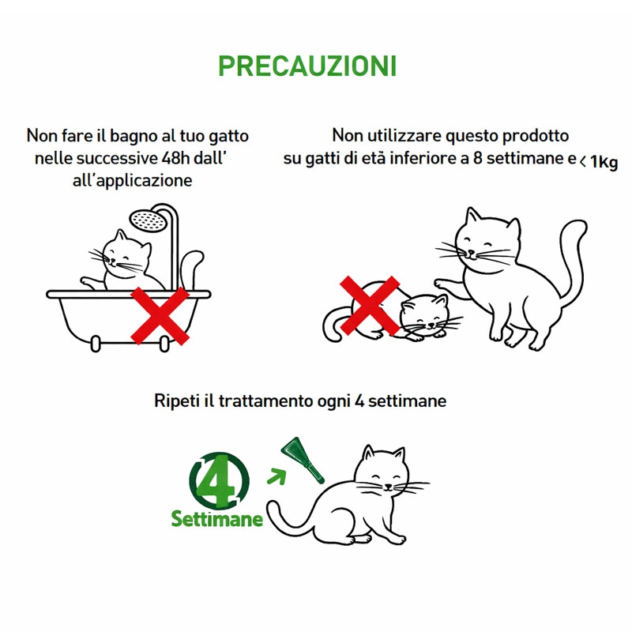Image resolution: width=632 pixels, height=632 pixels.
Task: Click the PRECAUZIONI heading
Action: coord(307,66)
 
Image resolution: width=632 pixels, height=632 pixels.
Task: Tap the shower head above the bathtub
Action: coord(148,221)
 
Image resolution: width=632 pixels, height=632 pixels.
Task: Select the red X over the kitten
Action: coord(370,306)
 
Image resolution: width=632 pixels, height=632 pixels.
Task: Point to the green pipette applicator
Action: coord(303,460)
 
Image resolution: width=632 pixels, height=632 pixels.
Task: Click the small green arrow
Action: coord(276,476)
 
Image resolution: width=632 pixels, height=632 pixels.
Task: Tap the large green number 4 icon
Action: coord(219,480)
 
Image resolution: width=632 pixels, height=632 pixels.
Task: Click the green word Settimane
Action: coord(216,519)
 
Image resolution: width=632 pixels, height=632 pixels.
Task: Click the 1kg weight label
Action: coord(604,162)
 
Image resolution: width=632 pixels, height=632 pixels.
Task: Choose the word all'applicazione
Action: coord(132,180)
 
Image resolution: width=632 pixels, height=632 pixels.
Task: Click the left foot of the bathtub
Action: coord(96,344)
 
